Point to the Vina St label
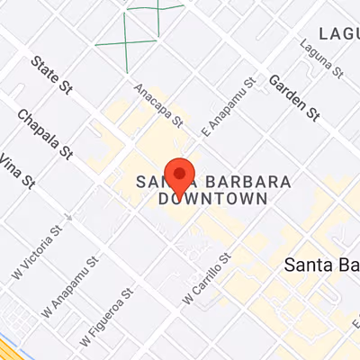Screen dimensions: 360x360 point(15,171)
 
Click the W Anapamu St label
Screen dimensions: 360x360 point(71,287)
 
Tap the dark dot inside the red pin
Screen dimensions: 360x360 point(181,173)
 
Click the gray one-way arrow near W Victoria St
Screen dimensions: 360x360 point(68,216)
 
